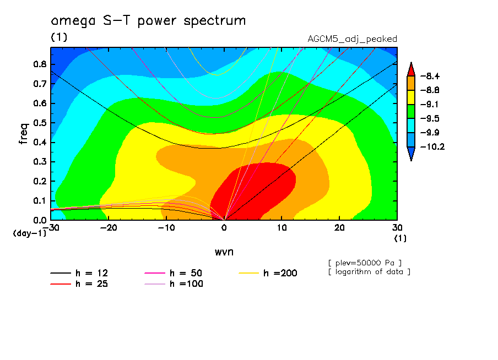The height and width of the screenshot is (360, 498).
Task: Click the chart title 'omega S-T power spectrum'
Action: click(148, 21)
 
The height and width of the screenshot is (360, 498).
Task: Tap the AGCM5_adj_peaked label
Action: click(352, 39)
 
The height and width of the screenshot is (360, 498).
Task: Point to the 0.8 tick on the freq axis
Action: click(40, 64)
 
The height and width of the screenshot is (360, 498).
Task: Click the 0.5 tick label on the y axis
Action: click(40, 123)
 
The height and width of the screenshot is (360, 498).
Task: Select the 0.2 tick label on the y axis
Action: click(40, 181)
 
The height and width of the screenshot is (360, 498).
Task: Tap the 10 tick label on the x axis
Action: click(282, 228)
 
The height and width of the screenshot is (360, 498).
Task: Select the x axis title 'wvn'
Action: click(224, 252)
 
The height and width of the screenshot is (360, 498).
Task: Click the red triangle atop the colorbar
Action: click(411, 69)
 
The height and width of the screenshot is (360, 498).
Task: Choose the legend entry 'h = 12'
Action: click(91, 273)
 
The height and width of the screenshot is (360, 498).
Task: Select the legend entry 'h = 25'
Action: click(91, 284)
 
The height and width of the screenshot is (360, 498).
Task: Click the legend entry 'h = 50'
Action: click(186, 273)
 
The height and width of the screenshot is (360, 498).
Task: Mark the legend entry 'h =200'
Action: click(280, 273)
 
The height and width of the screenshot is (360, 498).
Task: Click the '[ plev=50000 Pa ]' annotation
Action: click(365, 262)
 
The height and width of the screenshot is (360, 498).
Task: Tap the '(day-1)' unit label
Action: click(29, 233)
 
